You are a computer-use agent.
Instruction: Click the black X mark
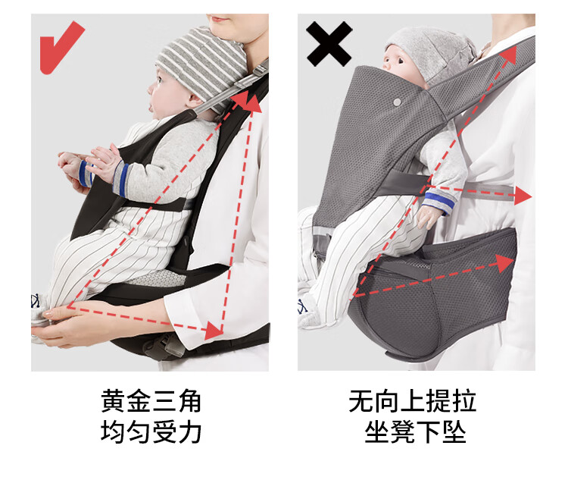[x=329, y=44]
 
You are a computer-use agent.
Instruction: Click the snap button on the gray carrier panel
[x=398, y=102]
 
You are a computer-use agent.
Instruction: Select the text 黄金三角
[x=151, y=401]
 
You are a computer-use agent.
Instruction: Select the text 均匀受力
[x=151, y=431]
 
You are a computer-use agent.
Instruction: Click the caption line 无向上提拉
[x=412, y=401]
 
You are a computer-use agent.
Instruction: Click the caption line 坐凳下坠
[x=415, y=431]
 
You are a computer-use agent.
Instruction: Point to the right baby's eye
[x=400, y=60]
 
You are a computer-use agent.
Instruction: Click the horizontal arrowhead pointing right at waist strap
[x=523, y=196]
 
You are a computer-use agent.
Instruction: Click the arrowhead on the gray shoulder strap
[x=508, y=55]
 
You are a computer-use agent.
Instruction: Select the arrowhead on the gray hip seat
[x=505, y=262]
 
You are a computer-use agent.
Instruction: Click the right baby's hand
[x=429, y=217]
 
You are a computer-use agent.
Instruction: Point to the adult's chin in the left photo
[x=222, y=26]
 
